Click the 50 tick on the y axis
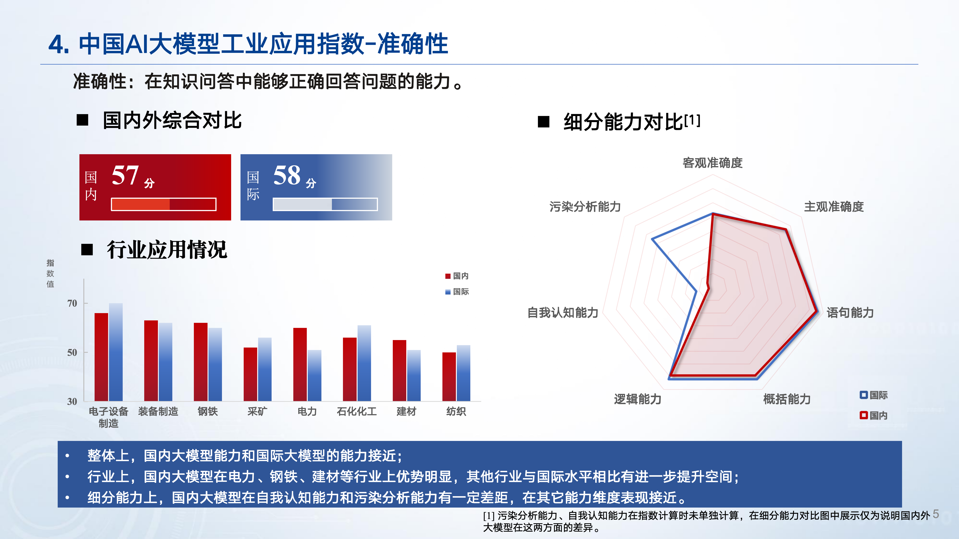click(x=72, y=352)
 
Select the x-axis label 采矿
click(x=257, y=411)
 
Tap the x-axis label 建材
click(x=406, y=411)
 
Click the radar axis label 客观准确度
click(x=713, y=163)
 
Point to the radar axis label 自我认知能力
click(x=563, y=313)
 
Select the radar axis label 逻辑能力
click(x=638, y=399)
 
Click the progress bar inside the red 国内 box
click(x=164, y=204)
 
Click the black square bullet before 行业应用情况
click(x=87, y=250)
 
